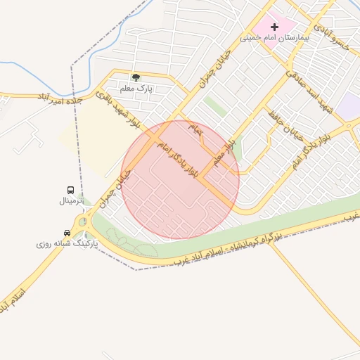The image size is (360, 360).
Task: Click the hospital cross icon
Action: (274, 27)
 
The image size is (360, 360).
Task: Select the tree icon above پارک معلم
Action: (136, 77)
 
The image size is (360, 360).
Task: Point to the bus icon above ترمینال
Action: (70, 191)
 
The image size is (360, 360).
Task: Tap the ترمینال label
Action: (70, 201)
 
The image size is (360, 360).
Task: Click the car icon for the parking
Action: (67, 233)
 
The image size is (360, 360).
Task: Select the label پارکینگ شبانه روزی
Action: (67, 244)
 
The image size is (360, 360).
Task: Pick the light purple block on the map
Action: (349, 105)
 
